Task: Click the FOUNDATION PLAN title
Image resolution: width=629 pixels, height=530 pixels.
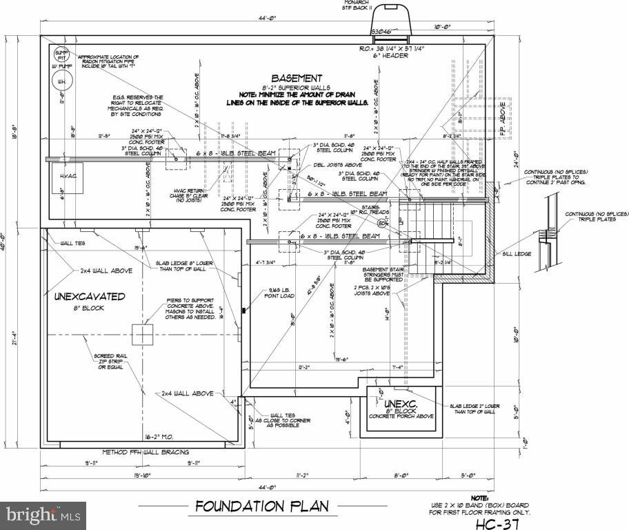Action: [262, 506]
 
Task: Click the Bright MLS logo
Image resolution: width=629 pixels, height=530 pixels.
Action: [43, 514]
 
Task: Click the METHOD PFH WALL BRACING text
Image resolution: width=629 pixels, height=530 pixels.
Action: [144, 452]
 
